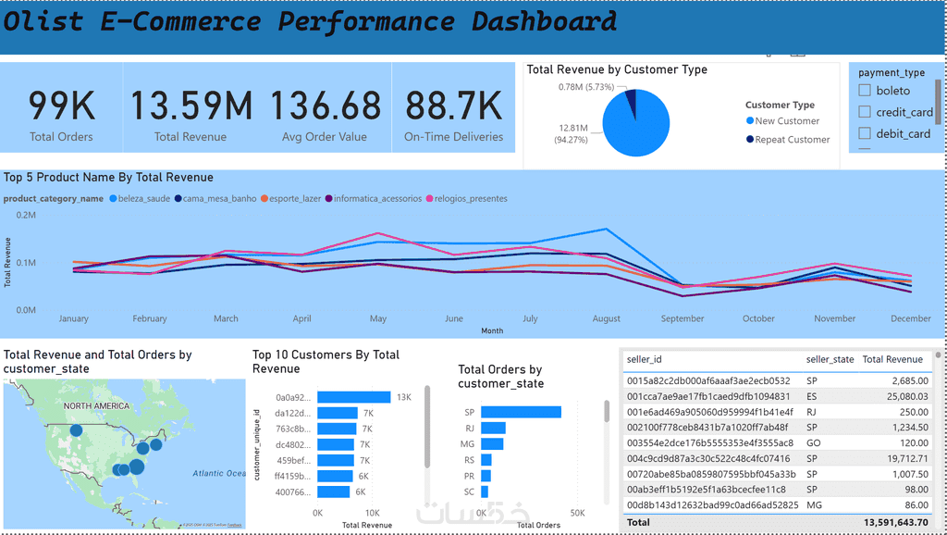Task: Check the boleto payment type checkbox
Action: (x=865, y=91)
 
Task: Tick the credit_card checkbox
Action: (x=865, y=112)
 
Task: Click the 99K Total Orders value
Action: (x=61, y=106)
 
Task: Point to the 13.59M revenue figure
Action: (x=190, y=106)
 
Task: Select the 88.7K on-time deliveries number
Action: (x=453, y=106)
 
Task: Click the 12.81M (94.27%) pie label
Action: (x=572, y=134)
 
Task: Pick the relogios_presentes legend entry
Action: (x=466, y=198)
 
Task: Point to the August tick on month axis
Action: (x=607, y=318)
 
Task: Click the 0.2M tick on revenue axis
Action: (x=26, y=215)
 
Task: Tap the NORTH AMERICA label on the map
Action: (x=97, y=406)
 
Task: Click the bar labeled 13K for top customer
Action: (x=353, y=397)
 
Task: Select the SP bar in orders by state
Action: (x=521, y=412)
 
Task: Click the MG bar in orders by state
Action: (x=492, y=443)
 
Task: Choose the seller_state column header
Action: (x=830, y=359)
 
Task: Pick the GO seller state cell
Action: (x=812, y=443)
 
